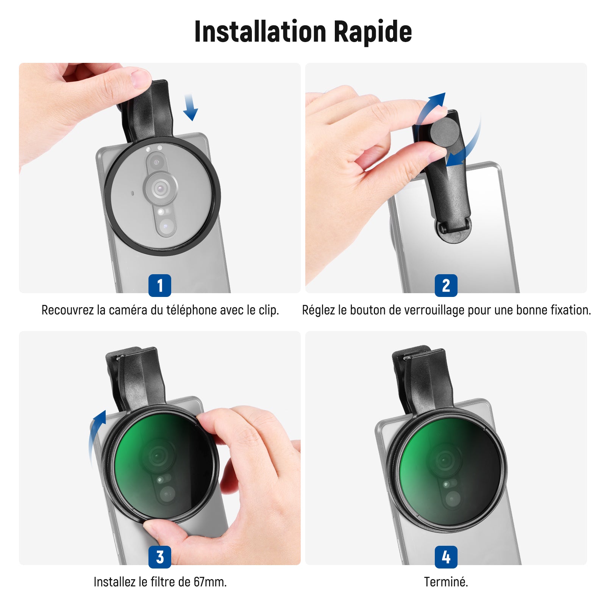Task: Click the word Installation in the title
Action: coord(260,32)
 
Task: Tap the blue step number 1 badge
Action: coord(160,285)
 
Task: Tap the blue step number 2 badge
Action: coord(446,285)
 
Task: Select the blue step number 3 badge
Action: coord(160,557)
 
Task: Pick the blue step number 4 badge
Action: coord(446,557)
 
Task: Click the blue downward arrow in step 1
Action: coord(190,108)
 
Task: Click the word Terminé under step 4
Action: coord(446,582)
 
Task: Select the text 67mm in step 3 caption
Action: coord(210,582)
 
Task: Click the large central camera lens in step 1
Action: coord(161,187)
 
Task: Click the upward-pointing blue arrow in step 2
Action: coord(432,106)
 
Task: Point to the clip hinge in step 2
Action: coord(454,229)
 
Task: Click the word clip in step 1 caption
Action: coord(269,311)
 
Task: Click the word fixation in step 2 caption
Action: coord(571,310)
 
